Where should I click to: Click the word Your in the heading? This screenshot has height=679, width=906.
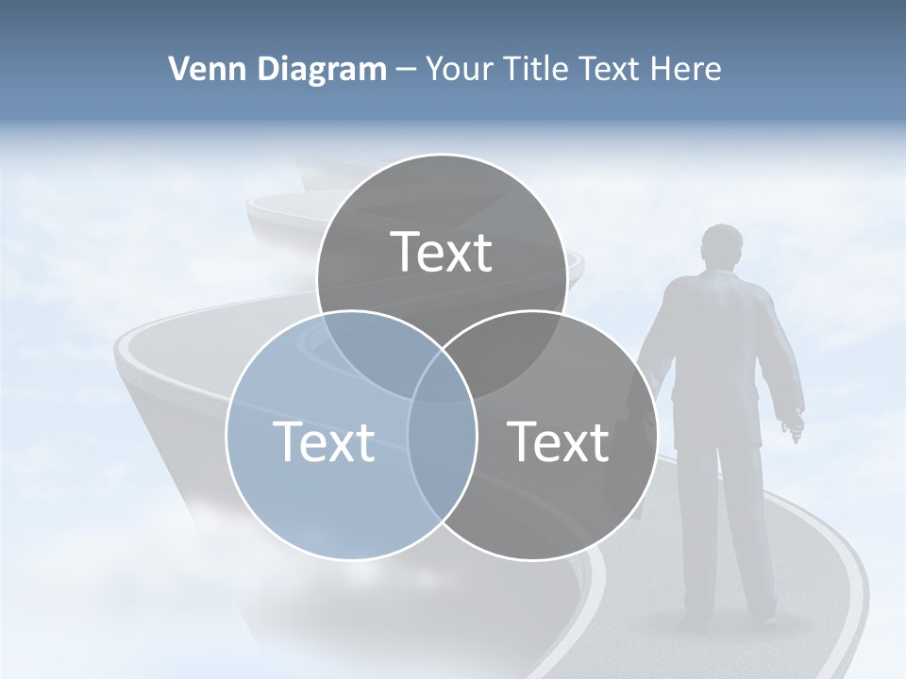tap(457, 69)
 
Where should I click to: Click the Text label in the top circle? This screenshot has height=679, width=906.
tap(442, 252)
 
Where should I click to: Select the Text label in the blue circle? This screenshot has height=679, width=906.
tap(324, 441)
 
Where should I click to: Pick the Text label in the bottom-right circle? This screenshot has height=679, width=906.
tap(559, 441)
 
